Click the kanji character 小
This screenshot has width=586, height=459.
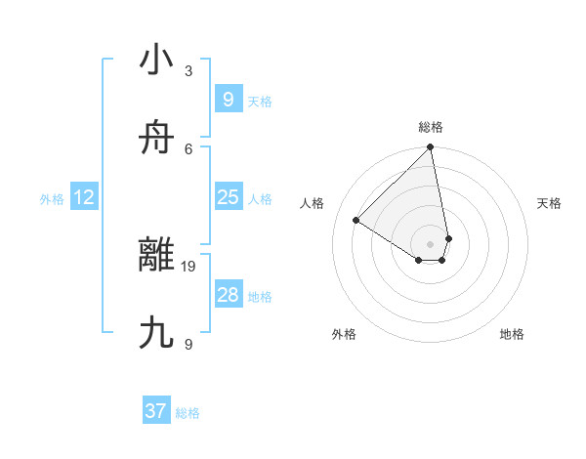pyautogui.click(x=156, y=61)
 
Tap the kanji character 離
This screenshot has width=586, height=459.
pyautogui.click(x=156, y=256)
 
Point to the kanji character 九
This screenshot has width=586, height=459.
pyautogui.click(x=156, y=333)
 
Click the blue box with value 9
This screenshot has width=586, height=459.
pyautogui.click(x=228, y=99)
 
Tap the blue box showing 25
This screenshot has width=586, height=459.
pyautogui.click(x=228, y=197)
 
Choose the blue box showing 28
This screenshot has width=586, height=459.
pyautogui.click(x=228, y=295)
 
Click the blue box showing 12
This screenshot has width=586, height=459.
pyautogui.click(x=84, y=197)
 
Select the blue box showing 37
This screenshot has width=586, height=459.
pyautogui.click(x=156, y=411)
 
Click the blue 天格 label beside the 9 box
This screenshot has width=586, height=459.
pyautogui.click(x=260, y=102)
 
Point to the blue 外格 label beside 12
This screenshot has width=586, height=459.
pyautogui.click(x=52, y=199)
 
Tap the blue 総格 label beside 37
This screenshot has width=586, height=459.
pyautogui.click(x=188, y=413)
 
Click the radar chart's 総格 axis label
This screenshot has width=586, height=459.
pyautogui.click(x=431, y=127)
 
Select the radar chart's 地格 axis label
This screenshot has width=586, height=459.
pyautogui.click(x=512, y=334)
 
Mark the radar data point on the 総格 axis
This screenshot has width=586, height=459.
pyautogui.click(x=431, y=148)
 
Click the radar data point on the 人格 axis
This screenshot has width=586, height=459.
pyautogui.click(x=356, y=221)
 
